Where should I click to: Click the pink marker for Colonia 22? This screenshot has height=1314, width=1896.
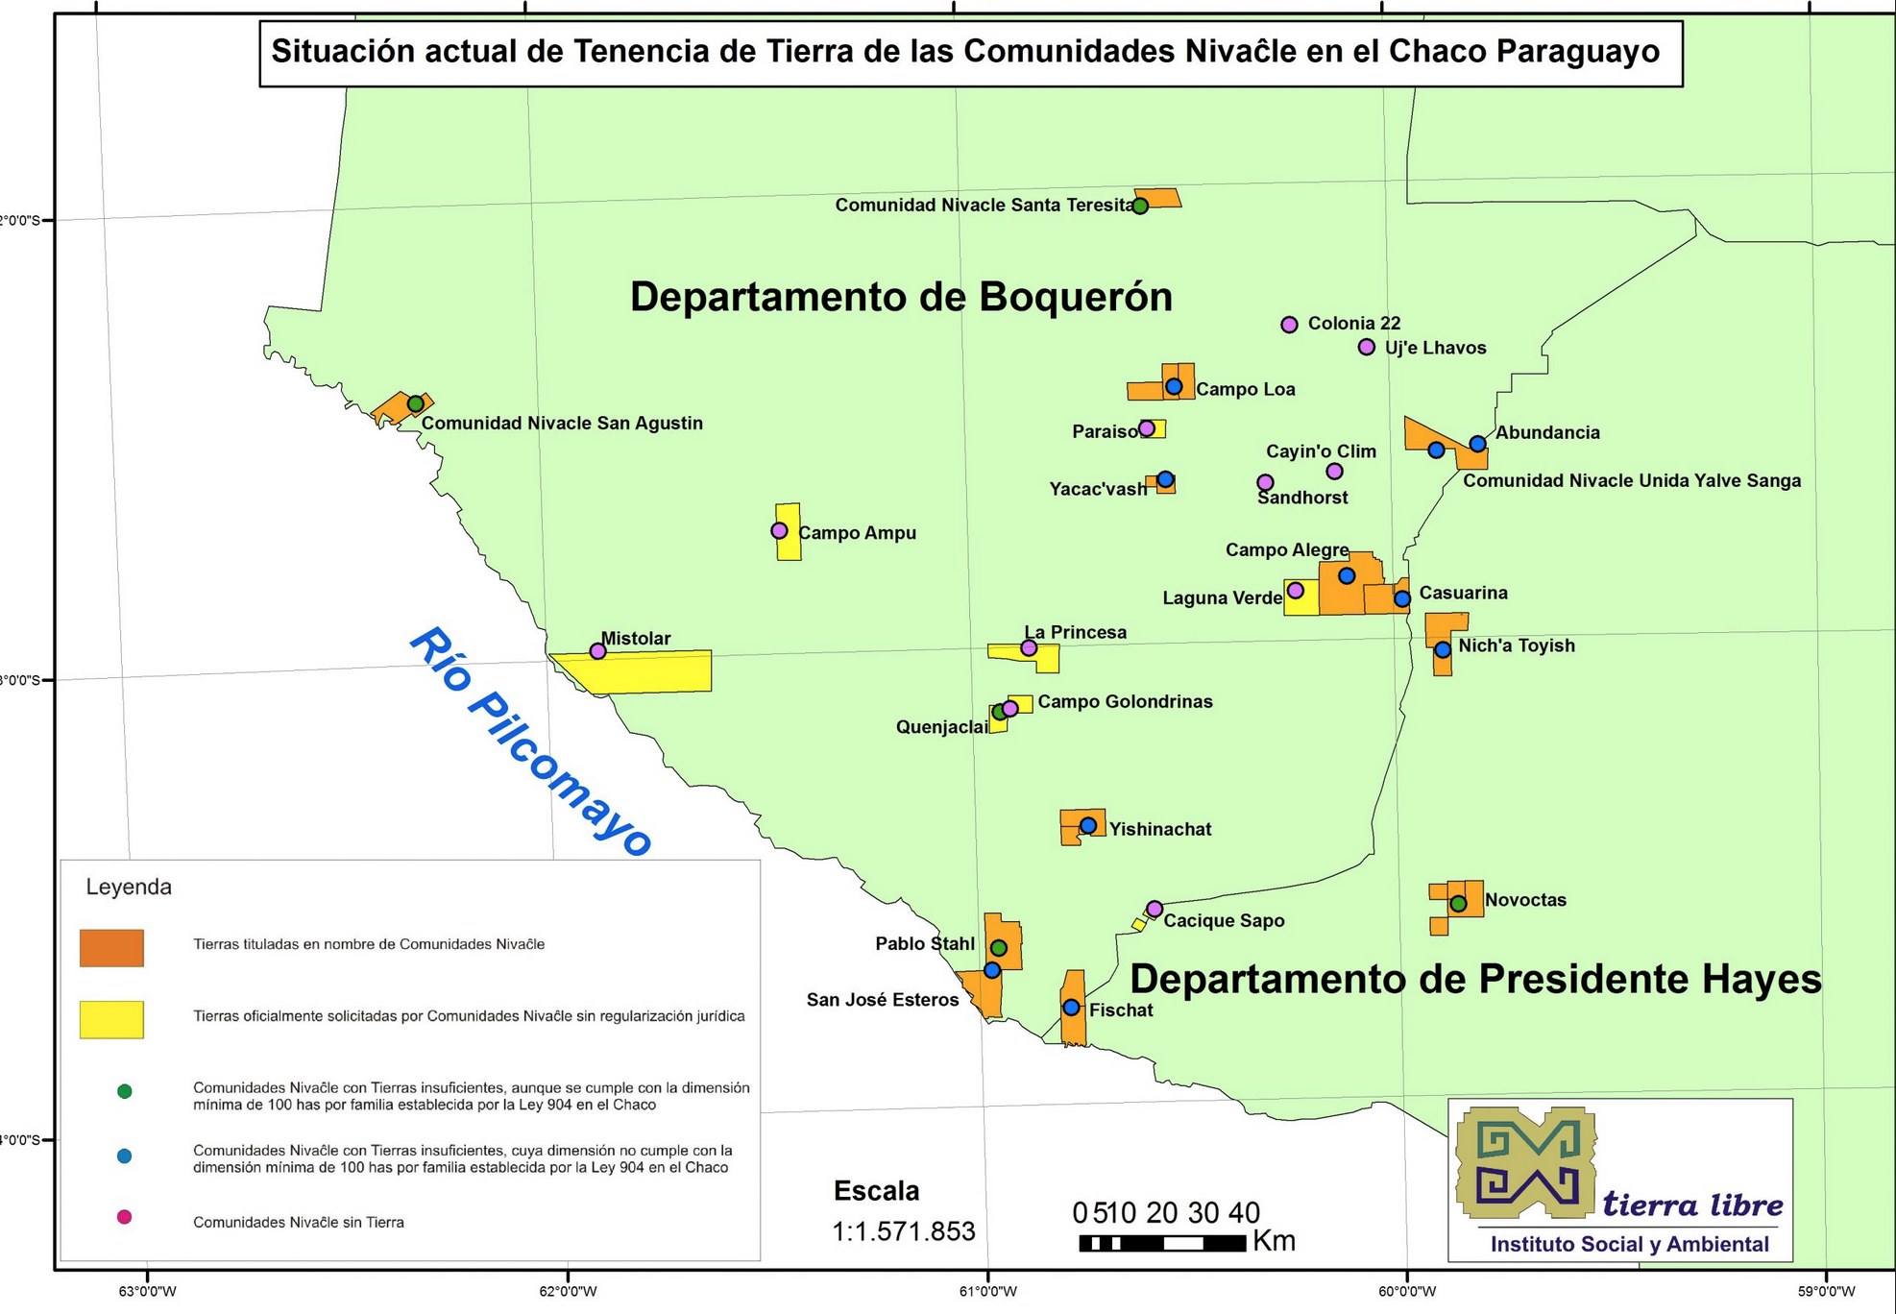coord(1289,325)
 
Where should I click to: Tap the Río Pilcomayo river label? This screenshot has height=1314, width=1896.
coord(530,742)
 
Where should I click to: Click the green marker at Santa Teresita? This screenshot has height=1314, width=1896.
coord(1140,206)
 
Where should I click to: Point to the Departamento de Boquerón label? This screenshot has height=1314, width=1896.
coord(900,297)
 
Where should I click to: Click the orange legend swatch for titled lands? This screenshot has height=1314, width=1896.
coord(111,947)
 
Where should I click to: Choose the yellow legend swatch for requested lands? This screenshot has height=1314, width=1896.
coord(111,1019)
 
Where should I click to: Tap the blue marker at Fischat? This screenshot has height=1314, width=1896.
coord(1071,1008)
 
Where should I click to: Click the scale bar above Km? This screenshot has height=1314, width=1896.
coord(1162,1243)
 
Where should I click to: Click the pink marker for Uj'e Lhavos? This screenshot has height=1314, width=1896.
coord(1366,347)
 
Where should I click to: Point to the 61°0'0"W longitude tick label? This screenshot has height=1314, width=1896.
coord(987,1291)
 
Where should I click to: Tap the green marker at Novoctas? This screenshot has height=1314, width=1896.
coord(1458,903)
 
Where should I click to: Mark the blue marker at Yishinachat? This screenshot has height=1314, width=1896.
coord(1087,826)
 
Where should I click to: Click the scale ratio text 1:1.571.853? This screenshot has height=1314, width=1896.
coord(903,1231)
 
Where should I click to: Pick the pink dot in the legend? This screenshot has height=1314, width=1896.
coord(124,1217)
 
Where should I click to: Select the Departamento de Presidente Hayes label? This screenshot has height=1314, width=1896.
coord(1474,979)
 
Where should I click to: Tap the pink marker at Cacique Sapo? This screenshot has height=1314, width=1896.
coord(1155,909)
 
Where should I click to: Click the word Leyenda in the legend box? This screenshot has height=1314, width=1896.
coord(129,887)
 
